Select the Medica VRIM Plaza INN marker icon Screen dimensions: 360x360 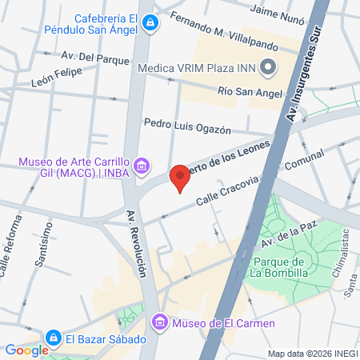pos(269,67)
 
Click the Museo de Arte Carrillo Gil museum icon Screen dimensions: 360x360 pos(142,166)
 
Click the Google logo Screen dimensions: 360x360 pos(26,350)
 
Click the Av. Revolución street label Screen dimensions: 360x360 pos(137,244)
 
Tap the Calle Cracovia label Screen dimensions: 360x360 pos(220,194)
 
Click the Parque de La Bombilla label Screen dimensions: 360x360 pos(278,268)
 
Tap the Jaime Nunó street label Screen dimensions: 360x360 pos(278,10)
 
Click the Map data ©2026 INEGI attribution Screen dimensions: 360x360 pos(312,354)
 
